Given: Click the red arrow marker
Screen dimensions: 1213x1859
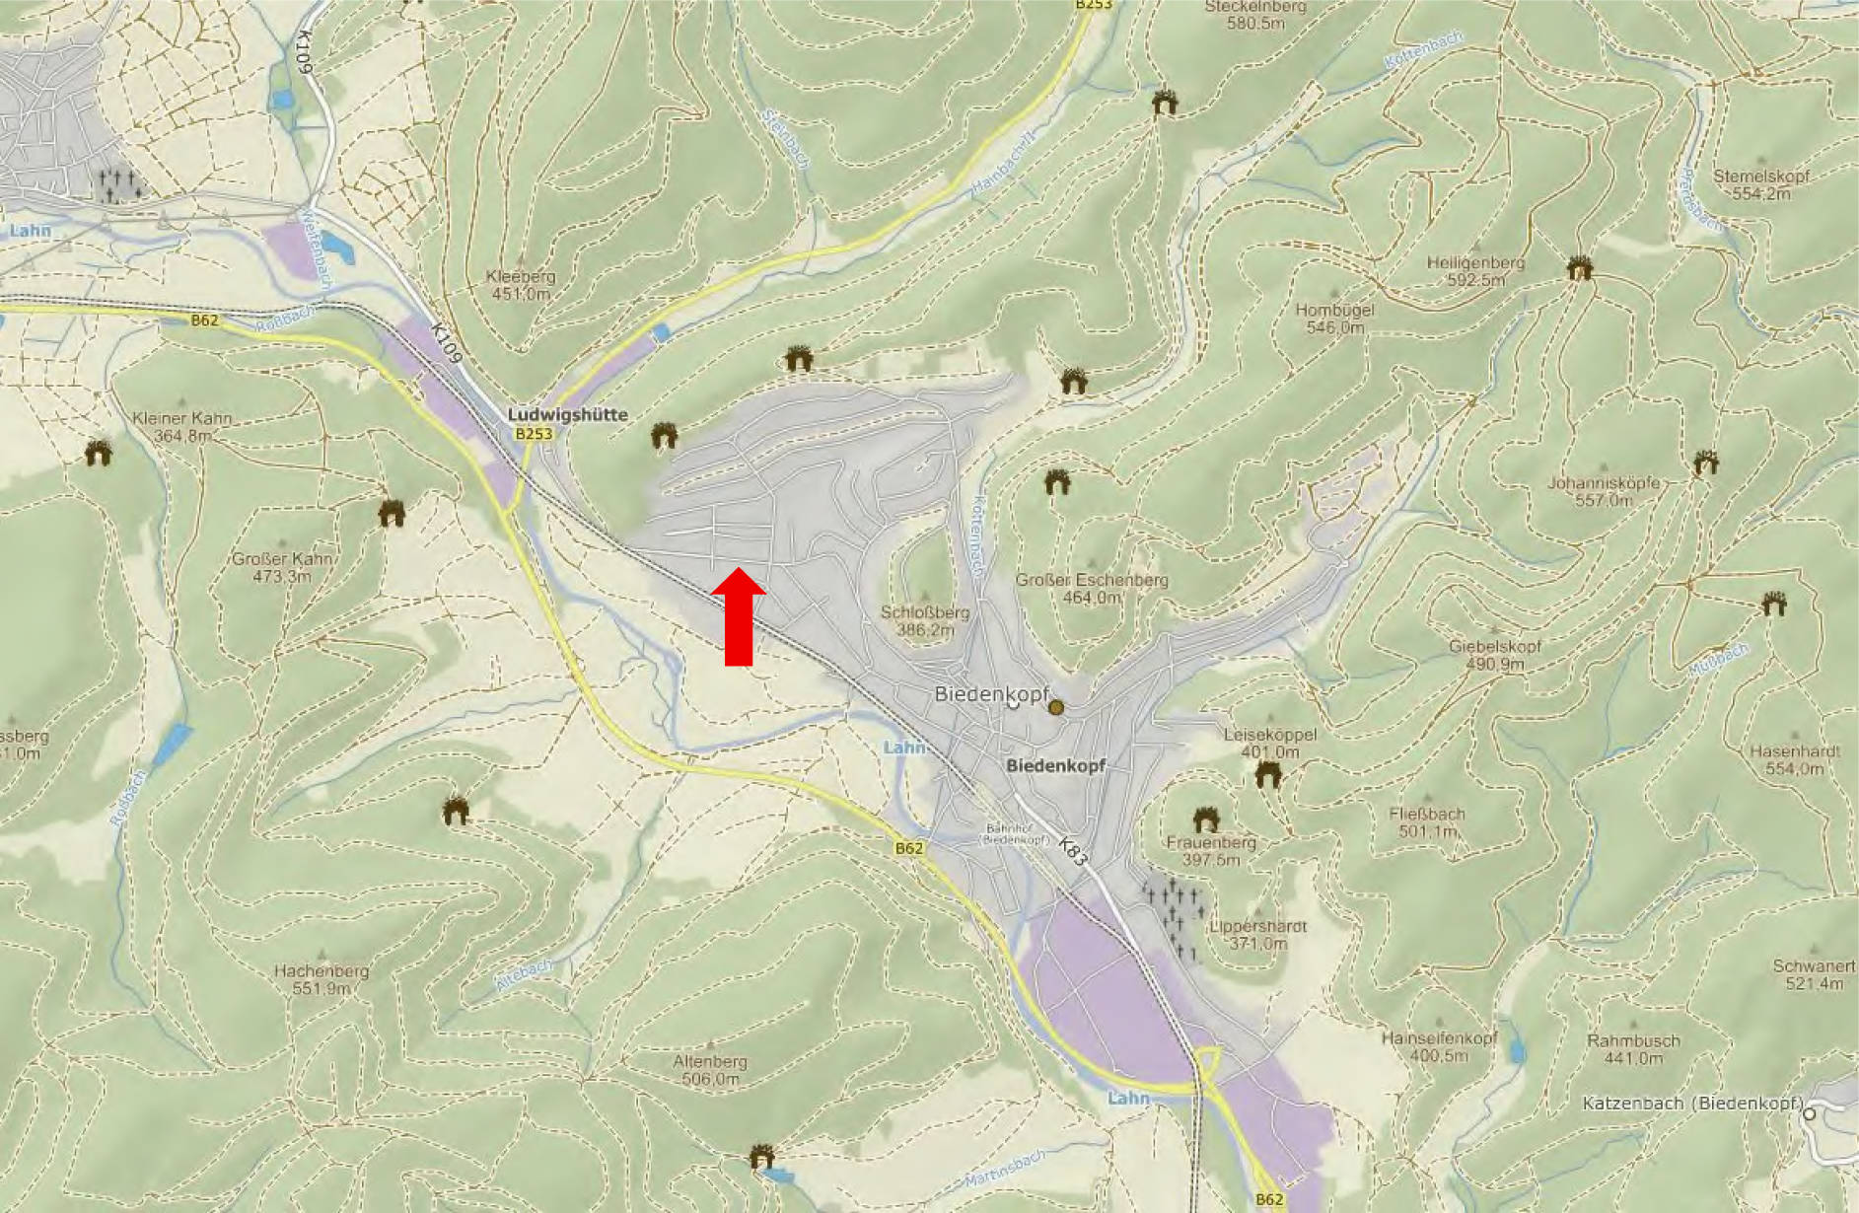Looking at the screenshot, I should [739, 617].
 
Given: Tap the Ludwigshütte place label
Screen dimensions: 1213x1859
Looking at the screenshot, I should [567, 415].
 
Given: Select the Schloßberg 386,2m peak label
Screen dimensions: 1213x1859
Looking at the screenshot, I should [924, 620].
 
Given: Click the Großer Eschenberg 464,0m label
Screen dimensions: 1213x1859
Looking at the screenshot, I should [1092, 589].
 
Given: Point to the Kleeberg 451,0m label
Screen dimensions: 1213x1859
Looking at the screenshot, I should [521, 285].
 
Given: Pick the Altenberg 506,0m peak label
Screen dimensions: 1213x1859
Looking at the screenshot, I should [710, 1070].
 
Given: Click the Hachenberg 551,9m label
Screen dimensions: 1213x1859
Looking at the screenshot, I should [322, 979].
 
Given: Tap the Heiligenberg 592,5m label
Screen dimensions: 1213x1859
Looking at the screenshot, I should [1475, 271].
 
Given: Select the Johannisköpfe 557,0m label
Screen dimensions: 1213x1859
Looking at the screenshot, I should [1603, 491].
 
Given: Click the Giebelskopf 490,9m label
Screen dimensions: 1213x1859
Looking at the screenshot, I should [1495, 655].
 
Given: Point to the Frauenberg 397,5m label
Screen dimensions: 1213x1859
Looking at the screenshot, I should [1211, 850].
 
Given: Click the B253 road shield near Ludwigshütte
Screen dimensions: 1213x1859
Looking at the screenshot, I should [534, 434].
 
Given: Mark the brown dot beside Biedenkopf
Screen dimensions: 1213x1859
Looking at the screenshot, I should [1056, 707].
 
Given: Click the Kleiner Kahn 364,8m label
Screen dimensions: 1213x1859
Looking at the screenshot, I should [182, 426].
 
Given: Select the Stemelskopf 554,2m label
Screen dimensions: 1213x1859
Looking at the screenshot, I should [1761, 184].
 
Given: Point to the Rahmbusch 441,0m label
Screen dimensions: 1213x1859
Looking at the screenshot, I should [1633, 1049].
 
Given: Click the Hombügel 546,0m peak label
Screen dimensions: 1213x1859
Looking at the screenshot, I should [1334, 318].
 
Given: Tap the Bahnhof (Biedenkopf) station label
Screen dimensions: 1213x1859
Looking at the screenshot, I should [1016, 834].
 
